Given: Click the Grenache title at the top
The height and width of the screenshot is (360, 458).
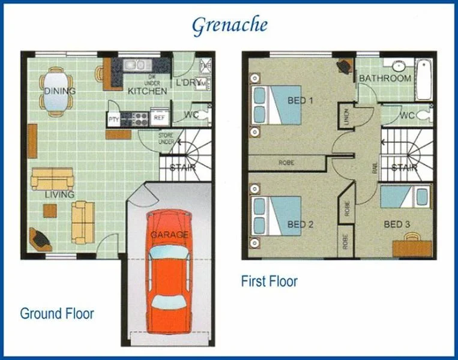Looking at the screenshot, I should [229, 25].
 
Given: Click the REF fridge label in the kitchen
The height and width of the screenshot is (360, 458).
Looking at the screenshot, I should [159, 118].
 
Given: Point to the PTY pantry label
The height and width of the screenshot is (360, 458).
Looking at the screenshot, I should [113, 119].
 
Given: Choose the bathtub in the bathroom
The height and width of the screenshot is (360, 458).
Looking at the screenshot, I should [424, 79].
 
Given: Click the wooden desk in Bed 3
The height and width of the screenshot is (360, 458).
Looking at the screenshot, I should [412, 248].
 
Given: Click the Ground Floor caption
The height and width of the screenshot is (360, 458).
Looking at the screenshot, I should [57, 313].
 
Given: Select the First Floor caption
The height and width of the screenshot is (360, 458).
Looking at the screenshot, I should [269, 281].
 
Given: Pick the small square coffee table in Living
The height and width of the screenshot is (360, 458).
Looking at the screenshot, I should [50, 211].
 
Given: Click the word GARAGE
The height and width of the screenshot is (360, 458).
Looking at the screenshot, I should [169, 235].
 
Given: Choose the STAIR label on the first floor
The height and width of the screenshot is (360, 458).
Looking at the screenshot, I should [405, 168].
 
